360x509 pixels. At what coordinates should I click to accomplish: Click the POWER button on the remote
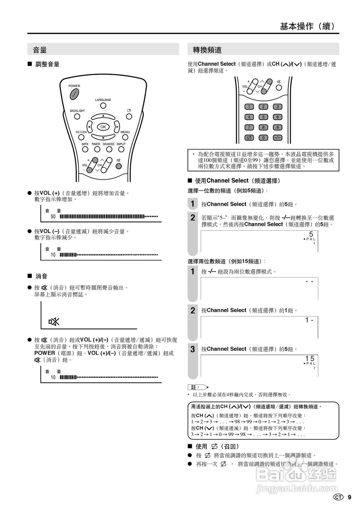pos(74,94)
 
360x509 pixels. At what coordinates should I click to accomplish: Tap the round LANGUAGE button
pos(103,106)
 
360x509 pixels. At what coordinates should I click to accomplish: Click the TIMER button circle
pos(97,150)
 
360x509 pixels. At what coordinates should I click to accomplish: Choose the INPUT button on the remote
pos(121,150)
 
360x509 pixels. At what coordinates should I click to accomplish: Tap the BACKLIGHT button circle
pos(77,117)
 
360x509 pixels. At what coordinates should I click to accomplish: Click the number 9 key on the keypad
pos(277,127)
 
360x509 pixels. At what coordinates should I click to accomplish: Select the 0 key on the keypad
pos(263,138)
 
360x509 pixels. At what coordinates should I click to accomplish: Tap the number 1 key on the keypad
pos(249,107)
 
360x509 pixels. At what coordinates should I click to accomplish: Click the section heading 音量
pos(40,50)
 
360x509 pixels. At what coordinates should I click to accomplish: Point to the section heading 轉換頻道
pos(207,50)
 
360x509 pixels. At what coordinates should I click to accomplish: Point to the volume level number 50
pos(53,217)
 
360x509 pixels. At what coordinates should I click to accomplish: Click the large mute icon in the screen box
pos(54,322)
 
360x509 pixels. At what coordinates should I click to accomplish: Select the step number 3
pos(193,350)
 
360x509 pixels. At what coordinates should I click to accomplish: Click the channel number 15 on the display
pos(310,359)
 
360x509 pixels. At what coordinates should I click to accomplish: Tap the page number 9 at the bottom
pos(349,497)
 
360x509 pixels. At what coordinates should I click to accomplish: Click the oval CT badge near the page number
pos(339,497)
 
